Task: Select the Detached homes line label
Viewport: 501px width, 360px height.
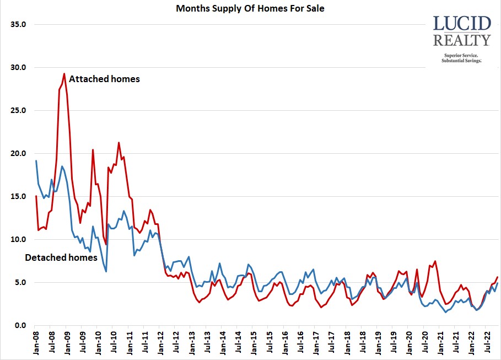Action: point(61,257)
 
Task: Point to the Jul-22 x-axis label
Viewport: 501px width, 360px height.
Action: point(485,343)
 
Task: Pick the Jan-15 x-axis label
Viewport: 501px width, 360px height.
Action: point(254,343)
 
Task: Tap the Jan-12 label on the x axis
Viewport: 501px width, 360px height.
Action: point(160,343)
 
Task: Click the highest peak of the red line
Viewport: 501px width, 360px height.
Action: point(64,74)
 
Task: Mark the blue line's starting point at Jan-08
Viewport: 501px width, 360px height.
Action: point(36,160)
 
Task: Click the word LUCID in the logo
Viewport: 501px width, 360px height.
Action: point(462,24)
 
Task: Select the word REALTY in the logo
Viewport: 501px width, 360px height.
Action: point(462,40)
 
